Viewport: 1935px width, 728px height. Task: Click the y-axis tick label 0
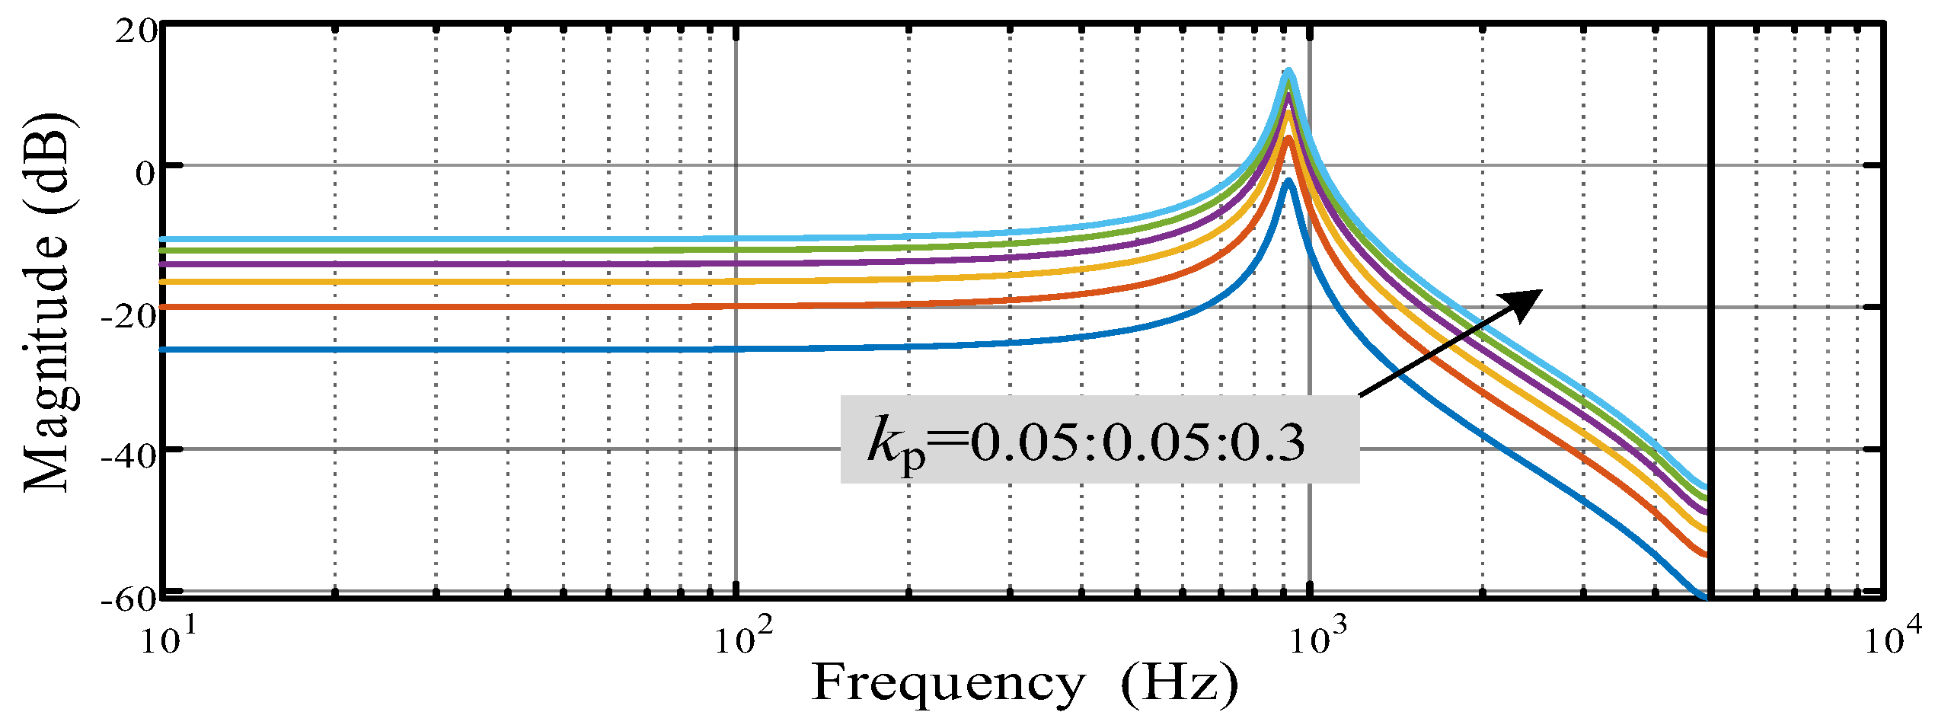click(x=145, y=174)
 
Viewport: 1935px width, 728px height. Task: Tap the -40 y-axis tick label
click(x=129, y=457)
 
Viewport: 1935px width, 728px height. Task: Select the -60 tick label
click(x=129, y=599)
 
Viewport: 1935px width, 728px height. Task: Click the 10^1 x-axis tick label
click(x=167, y=639)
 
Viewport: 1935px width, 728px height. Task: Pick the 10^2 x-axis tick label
click(x=742, y=639)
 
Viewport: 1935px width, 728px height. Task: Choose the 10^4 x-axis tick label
click(x=1892, y=639)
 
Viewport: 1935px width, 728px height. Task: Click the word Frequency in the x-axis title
click(x=948, y=683)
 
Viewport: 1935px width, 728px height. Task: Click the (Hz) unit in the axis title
click(x=1179, y=683)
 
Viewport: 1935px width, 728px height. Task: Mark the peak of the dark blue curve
click(x=1288, y=181)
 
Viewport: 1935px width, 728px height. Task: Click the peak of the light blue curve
click(x=1288, y=71)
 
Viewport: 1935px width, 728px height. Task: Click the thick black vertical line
click(x=1710, y=305)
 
